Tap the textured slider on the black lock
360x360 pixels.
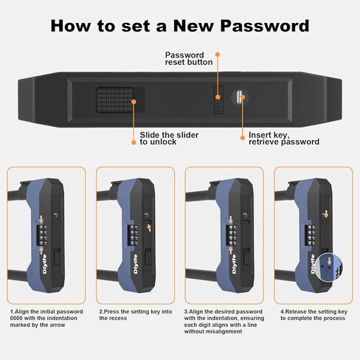point(114,100)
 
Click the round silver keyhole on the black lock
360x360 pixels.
point(240,95)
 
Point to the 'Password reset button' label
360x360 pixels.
point(190,59)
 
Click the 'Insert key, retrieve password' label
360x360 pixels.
point(283,138)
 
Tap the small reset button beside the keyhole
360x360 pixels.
point(218,98)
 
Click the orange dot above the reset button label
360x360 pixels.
point(218,54)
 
